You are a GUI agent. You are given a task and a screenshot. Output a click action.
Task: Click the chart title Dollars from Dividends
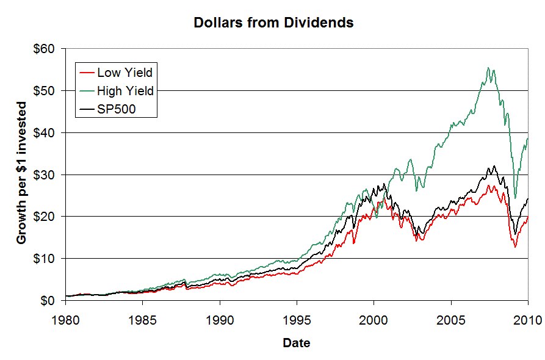pos(273,23)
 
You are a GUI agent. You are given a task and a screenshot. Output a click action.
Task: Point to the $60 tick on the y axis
pos(46,49)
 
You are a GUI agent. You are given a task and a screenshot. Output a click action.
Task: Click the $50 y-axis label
pos(46,91)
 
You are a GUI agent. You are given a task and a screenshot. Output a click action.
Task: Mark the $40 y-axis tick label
pos(46,133)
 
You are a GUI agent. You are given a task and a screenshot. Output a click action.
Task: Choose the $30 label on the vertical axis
pos(46,175)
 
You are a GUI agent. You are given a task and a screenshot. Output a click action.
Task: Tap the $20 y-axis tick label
pos(46,217)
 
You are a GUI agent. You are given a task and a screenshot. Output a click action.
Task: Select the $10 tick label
pos(46,259)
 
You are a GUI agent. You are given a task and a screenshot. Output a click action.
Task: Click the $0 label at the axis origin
pos(49,301)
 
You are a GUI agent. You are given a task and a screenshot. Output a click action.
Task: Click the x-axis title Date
pos(296,343)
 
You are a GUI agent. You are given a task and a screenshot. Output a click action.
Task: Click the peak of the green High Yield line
pos(488,68)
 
